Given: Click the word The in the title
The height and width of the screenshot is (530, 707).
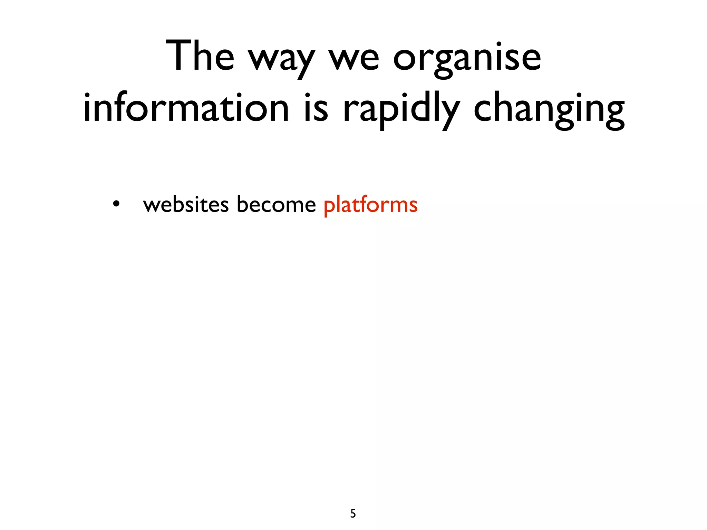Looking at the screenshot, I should coord(200,56).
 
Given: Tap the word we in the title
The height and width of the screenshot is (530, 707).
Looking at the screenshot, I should coord(354,59).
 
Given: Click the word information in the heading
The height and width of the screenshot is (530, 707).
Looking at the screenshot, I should coord(186,108).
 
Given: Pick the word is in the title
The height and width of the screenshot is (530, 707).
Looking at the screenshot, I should coord(316,108).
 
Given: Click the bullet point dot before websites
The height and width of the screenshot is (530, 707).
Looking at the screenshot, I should coord(116,204).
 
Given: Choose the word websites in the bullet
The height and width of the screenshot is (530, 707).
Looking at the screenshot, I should coord(186,204).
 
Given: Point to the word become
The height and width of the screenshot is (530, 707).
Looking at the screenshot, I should coord(276,204).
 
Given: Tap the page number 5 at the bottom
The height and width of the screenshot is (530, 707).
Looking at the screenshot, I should coord(353,513).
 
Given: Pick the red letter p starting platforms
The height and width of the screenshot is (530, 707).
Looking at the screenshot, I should coord(330,207).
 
